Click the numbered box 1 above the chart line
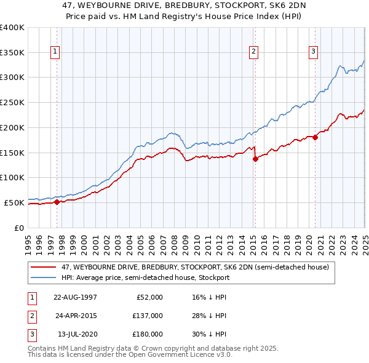[56, 52]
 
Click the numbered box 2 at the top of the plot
[254, 52]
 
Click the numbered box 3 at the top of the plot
[313, 52]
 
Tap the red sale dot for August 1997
[57, 201]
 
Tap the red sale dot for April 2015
[255, 159]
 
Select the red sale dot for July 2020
[315, 137]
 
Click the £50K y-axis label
[14, 202]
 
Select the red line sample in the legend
[44, 267]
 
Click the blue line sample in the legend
[44, 277]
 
